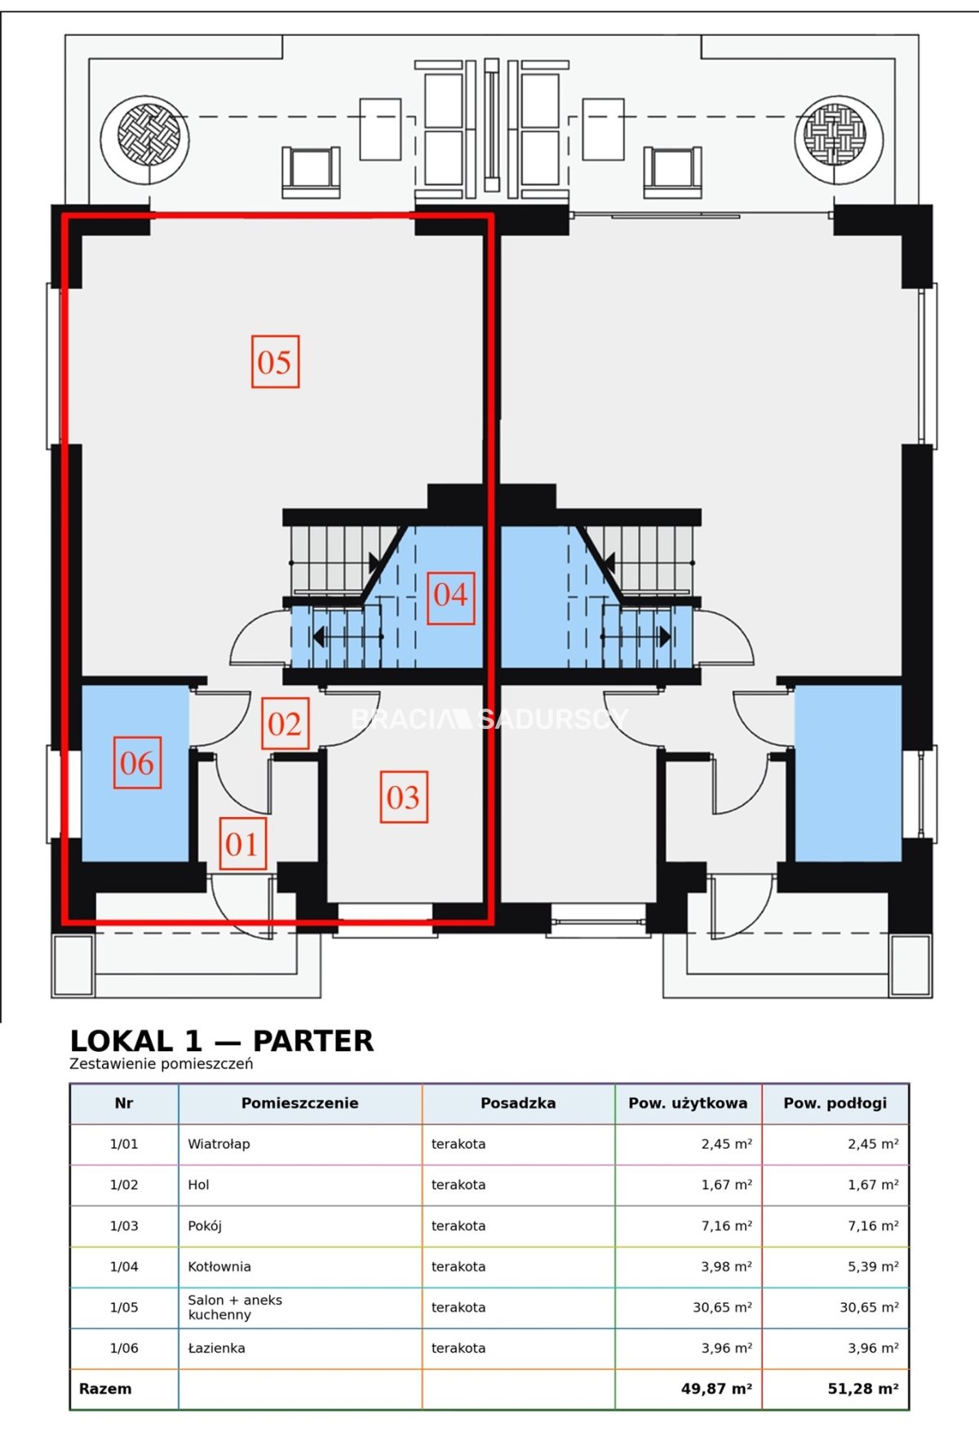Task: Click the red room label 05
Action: pos(275,361)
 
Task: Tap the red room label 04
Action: pos(450,599)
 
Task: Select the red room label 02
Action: pos(285,723)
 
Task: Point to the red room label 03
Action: pos(404,797)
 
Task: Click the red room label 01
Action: pos(242,844)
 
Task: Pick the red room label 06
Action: pos(137,762)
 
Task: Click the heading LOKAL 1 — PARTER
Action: pos(222,1041)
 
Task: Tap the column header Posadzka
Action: pos(518,1103)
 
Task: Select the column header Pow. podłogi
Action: pos(835,1103)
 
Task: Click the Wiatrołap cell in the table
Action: pos(219,1144)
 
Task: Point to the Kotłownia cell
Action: pos(219,1266)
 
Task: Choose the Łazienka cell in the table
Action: pos(216,1348)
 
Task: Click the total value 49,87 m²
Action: pos(716,1389)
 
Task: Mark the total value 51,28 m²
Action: pos(863,1389)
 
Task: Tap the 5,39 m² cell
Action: pos(874,1266)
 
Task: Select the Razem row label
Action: pos(105,1389)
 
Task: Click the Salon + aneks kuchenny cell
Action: pos(235,1307)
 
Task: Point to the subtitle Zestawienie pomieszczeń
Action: pos(162,1063)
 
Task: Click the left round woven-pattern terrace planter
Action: pos(145,139)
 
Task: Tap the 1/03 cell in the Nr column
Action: pos(124,1226)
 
